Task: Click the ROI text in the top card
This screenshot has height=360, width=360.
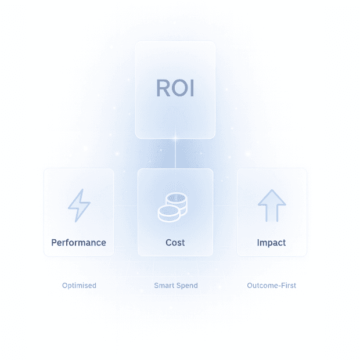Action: [175, 88]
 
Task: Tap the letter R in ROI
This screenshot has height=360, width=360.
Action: [163, 88]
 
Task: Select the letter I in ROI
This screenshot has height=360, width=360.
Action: [190, 88]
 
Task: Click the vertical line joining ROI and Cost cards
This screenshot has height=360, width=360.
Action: [175, 153]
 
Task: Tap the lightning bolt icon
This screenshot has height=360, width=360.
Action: [79, 205]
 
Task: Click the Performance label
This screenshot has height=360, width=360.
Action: [78, 242]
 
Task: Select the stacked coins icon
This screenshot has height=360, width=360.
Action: [172, 207]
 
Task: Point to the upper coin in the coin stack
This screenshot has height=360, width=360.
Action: [177, 200]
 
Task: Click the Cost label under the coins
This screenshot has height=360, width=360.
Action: [175, 242]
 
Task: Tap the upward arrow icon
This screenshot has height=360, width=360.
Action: [272, 205]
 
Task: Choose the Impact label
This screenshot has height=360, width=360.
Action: [271, 242]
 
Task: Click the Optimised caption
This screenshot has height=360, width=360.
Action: [79, 285]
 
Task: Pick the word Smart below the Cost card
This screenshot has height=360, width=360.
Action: [164, 285]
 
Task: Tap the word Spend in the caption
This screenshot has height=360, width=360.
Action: [188, 285]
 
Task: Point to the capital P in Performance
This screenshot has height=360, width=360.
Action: [54, 242]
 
